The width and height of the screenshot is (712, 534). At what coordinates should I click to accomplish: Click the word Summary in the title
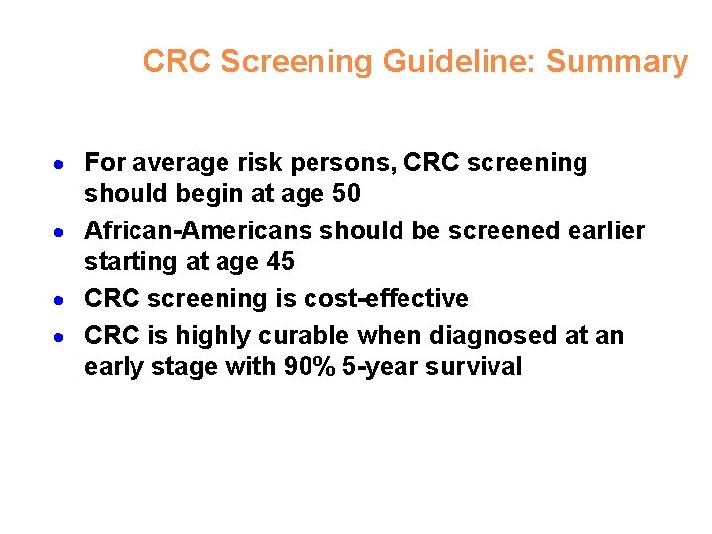616,62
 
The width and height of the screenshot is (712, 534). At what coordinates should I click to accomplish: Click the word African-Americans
192,230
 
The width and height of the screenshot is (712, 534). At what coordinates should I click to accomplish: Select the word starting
125,261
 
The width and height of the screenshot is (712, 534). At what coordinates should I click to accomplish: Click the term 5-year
374,366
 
